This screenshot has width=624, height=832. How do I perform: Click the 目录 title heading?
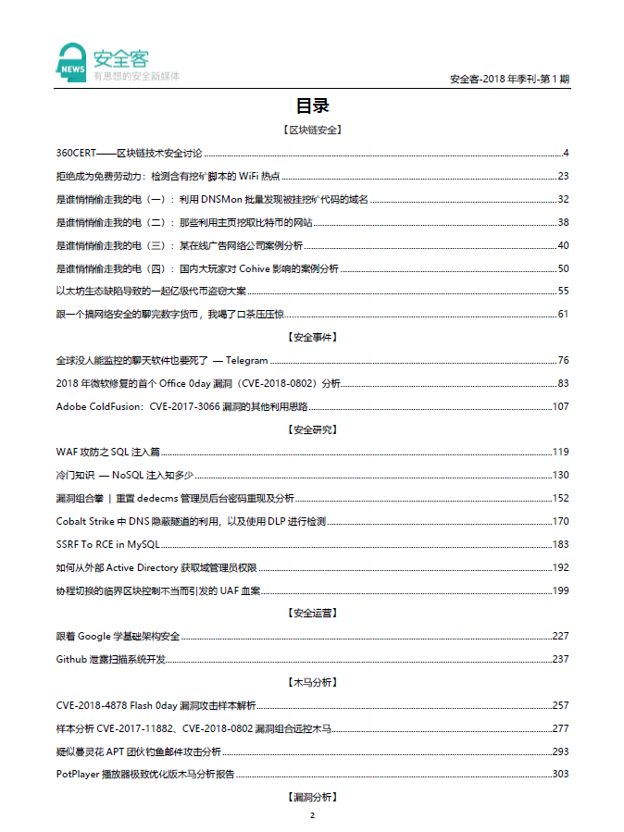(312, 106)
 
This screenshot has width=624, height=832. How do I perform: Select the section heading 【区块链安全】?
(312, 130)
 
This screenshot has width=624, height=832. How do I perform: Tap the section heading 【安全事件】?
(312, 337)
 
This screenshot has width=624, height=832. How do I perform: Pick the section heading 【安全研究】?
(312, 428)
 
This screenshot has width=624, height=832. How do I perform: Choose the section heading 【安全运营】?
(312, 613)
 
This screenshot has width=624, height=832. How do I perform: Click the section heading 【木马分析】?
(312, 681)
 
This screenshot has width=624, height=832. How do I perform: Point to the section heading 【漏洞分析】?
(312, 796)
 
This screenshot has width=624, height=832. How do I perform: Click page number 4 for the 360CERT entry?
(566, 153)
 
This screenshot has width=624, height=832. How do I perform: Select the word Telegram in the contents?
(246, 360)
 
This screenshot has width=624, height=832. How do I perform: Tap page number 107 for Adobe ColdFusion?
(560, 406)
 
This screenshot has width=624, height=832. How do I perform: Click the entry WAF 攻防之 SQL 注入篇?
(107, 452)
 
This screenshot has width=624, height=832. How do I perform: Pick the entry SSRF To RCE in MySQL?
(107, 544)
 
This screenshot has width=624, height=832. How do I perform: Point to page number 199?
(560, 590)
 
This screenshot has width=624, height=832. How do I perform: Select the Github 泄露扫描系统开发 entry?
(111, 659)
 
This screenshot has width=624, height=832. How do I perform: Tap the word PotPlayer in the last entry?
(77, 774)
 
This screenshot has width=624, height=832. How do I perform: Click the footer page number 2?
(312, 815)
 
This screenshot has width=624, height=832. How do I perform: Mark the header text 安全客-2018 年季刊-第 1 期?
(508, 80)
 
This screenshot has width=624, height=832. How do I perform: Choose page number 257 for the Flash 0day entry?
(560, 705)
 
